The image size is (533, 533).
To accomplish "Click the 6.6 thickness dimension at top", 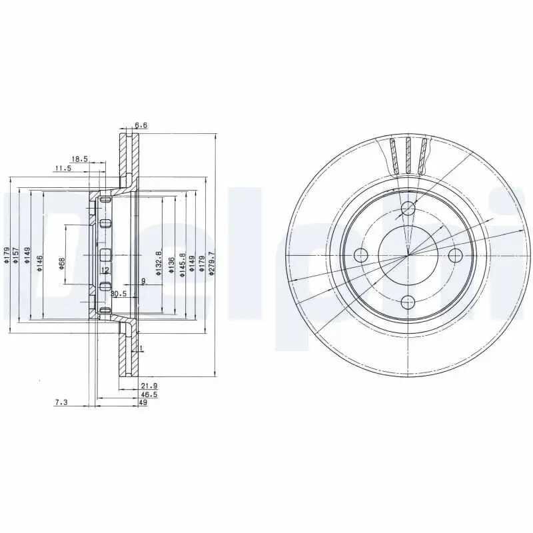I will coord(141,125).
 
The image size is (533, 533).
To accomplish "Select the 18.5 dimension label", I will coord(79,159).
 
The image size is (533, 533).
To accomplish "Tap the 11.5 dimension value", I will coord(63,169).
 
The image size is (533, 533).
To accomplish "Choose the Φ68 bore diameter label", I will coord(61,263).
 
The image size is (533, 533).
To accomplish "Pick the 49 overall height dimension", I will coord(143,403).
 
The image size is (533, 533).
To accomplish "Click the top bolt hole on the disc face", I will coord(408,210).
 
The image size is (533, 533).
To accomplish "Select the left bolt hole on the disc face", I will coord(361,255).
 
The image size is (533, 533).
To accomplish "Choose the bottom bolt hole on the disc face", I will coord(408,301).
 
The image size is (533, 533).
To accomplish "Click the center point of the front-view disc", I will coord(408,255).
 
